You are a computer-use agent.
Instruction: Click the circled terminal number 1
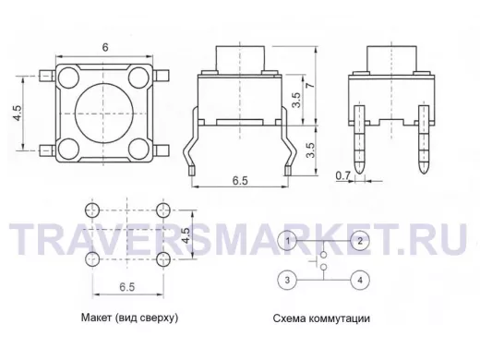pos(287,241)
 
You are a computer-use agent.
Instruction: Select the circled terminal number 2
pos(360,241)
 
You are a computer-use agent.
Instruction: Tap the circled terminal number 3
pos(287,280)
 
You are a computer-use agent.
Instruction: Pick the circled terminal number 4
pos(360,280)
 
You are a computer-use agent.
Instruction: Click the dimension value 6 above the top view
pos(105,47)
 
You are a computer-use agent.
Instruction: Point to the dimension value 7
pos(311,84)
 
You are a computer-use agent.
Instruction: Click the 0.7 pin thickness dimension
pos(342,175)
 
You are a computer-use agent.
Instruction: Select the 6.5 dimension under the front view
pos(240,180)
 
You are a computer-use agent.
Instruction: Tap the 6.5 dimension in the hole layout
pos(127,287)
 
